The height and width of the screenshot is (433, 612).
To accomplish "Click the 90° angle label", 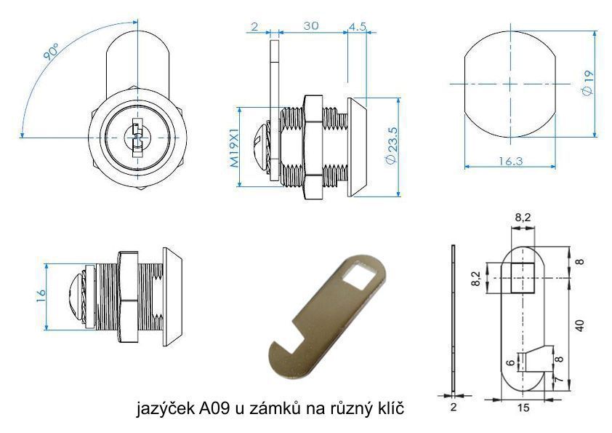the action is (x=51, y=52).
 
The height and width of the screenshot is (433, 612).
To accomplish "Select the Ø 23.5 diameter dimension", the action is (x=392, y=146).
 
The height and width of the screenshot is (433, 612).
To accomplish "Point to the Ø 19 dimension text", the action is (x=587, y=82).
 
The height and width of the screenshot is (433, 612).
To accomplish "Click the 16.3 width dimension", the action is (x=510, y=161).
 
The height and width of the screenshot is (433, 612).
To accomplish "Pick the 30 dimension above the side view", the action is (x=311, y=25).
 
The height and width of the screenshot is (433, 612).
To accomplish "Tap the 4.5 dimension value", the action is (x=357, y=26).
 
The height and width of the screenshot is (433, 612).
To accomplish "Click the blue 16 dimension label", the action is (x=40, y=296).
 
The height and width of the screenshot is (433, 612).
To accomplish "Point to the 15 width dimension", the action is (x=523, y=408).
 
